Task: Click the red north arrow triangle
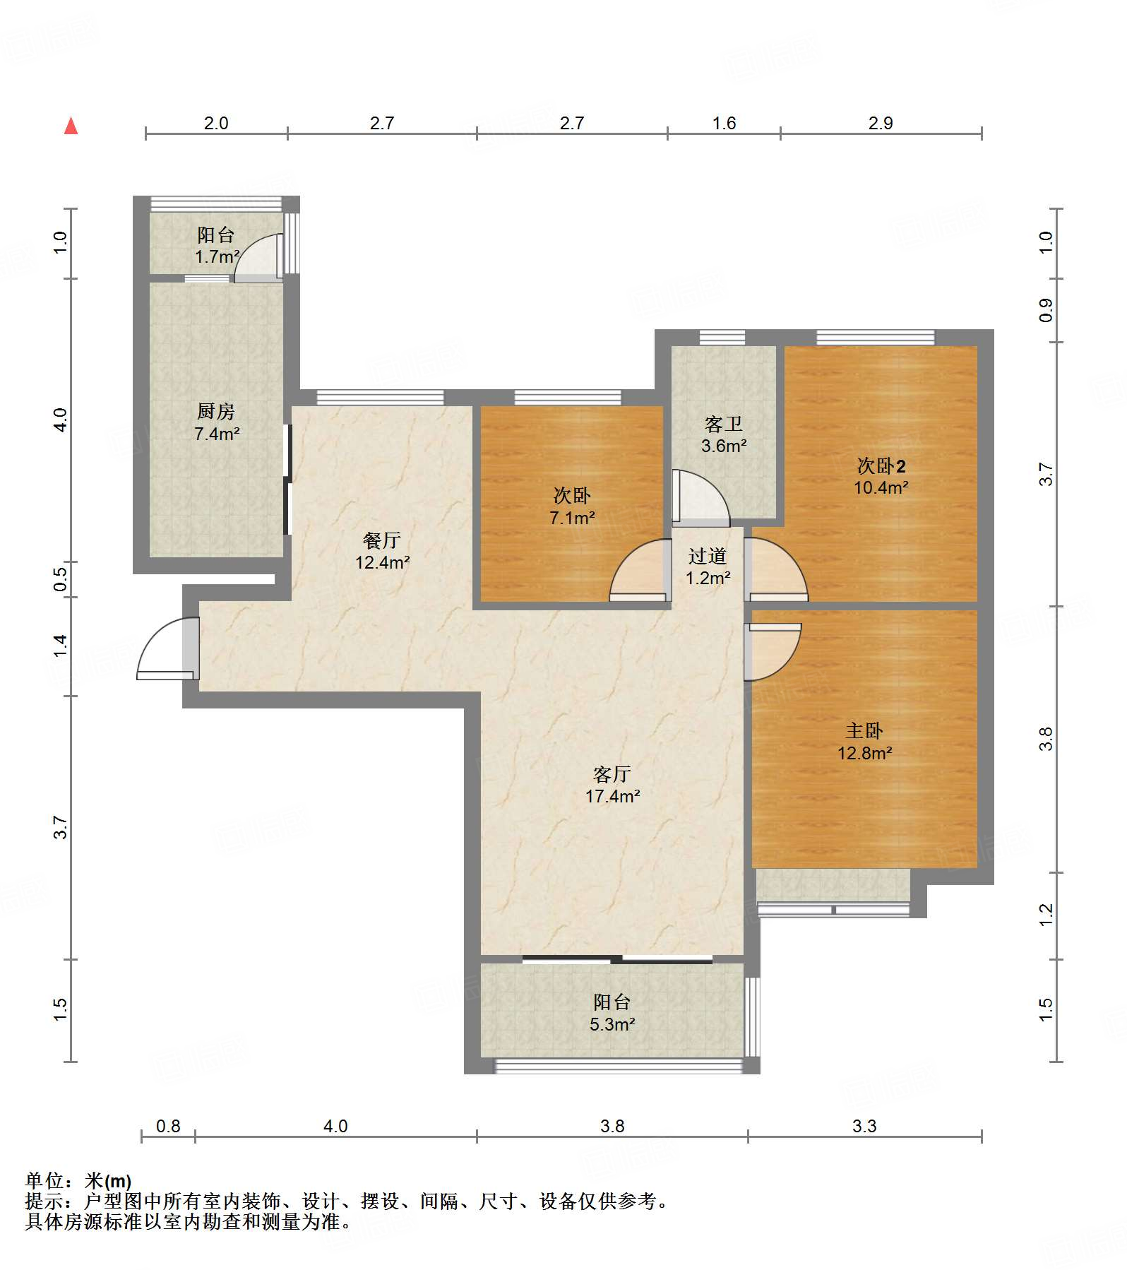(71, 126)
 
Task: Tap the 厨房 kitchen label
(216, 411)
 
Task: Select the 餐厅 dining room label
(382, 540)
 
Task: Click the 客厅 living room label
(612, 774)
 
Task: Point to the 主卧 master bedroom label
(864, 731)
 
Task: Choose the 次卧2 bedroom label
(881, 465)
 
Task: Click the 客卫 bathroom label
(724, 424)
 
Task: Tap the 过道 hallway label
(708, 556)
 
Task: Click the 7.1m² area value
(572, 518)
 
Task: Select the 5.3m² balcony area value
(612, 1024)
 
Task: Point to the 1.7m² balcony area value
(217, 256)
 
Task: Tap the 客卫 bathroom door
(700, 497)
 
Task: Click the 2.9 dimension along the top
(881, 123)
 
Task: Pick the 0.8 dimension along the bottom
(168, 1126)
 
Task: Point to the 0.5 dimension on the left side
(60, 580)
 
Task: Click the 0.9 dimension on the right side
(1046, 311)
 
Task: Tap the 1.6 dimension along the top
(724, 123)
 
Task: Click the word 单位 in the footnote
(44, 1180)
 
